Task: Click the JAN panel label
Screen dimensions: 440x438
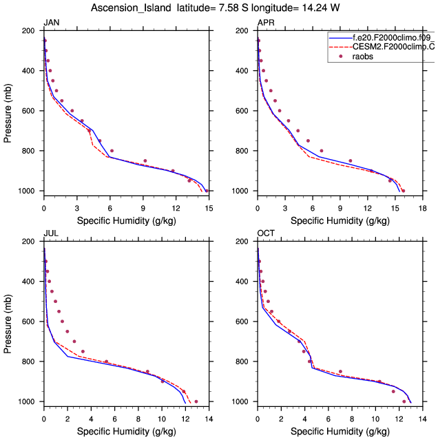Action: [51, 23]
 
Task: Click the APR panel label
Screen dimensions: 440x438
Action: [265, 23]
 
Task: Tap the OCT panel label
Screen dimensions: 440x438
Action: [265, 234]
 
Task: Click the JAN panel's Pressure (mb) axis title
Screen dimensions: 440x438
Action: [8, 111]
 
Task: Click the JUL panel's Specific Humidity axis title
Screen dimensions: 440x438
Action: [125, 431]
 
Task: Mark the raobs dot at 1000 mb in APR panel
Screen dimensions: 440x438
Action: [404, 191]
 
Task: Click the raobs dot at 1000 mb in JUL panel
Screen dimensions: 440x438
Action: [196, 401]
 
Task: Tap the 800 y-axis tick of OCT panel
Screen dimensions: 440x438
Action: [242, 362]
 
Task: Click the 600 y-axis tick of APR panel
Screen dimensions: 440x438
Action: [242, 111]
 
